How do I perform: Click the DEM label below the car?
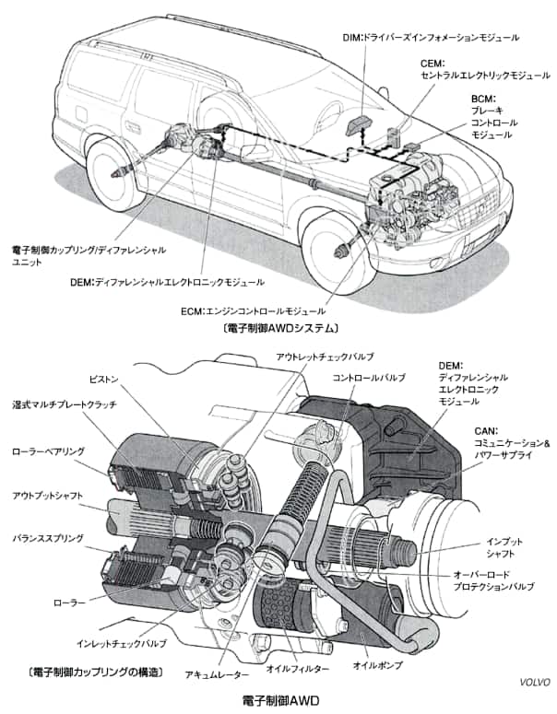pyautogui.click(x=166, y=282)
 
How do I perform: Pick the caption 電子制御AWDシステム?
pyautogui.click(x=278, y=328)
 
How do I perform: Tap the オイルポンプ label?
pyautogui.click(x=380, y=664)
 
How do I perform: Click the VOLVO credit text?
pyautogui.click(x=532, y=683)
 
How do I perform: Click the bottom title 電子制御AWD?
pyautogui.click(x=279, y=701)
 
